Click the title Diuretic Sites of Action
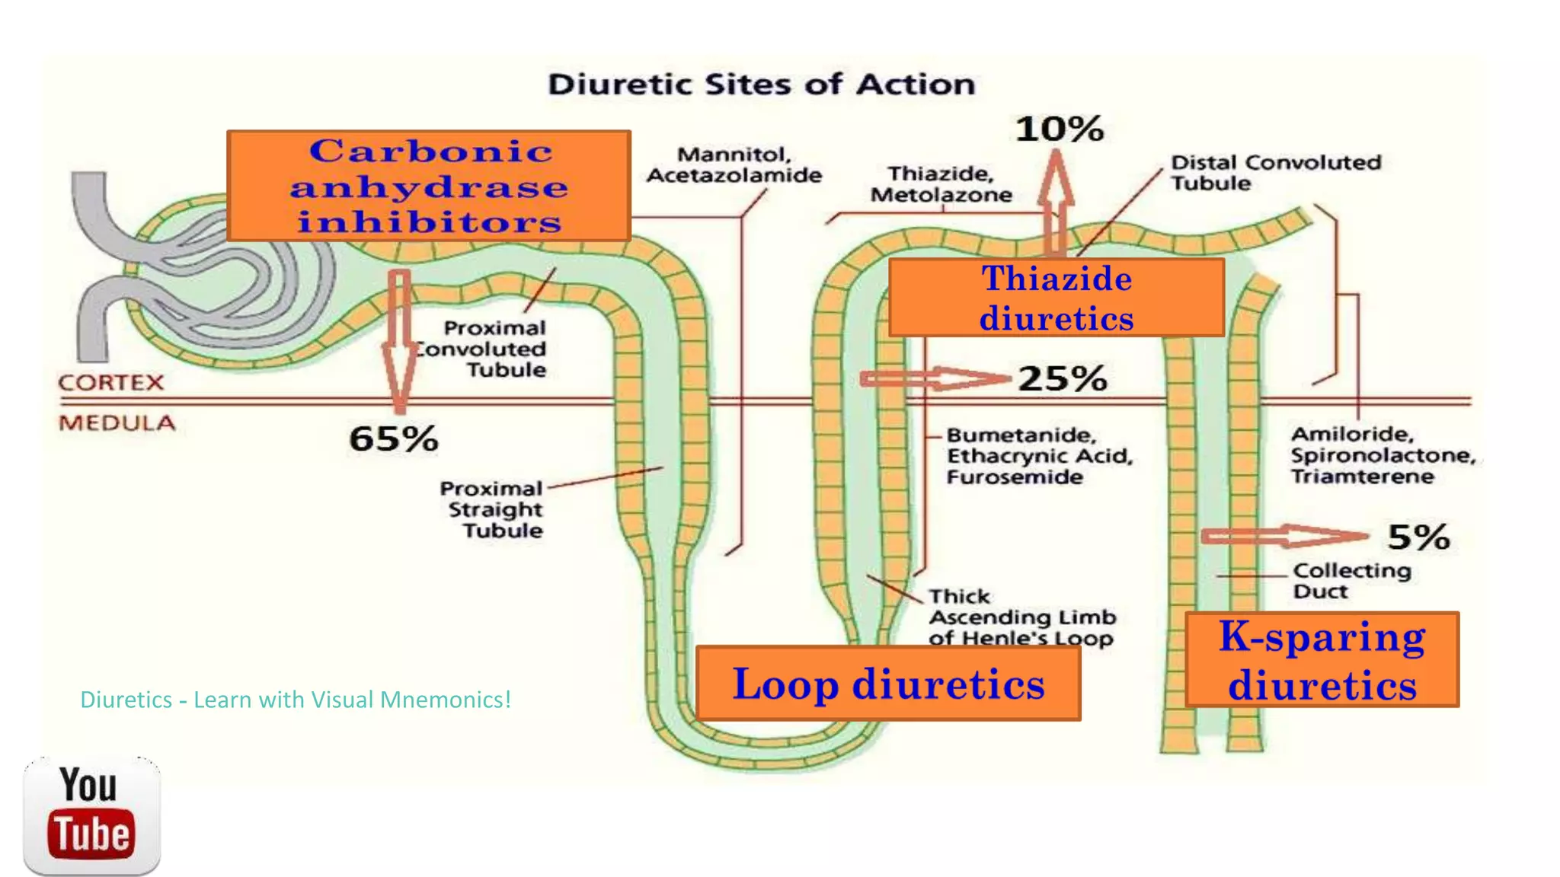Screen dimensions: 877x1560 [761, 84]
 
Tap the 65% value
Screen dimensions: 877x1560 [393, 438]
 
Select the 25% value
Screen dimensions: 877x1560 [1063, 378]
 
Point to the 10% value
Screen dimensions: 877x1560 [1060, 129]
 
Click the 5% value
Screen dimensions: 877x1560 [1418, 537]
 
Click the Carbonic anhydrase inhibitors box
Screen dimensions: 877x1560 [428, 186]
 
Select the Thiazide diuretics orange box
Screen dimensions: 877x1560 [1056, 298]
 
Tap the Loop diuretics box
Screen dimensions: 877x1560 [888, 683]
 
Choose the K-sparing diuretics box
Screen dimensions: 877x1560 [1322, 660]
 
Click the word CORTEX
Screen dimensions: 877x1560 [111, 382]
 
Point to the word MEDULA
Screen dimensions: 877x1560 [117, 423]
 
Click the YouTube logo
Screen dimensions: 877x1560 [92, 815]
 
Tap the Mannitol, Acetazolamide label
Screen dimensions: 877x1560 [734, 165]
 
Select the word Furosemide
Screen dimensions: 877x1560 [1015, 477]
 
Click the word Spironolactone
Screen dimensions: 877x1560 [1383, 455]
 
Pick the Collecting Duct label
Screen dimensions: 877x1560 [1351, 581]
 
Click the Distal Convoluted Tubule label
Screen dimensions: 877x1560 [1275, 173]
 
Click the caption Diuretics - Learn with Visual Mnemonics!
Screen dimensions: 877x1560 [296, 700]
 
